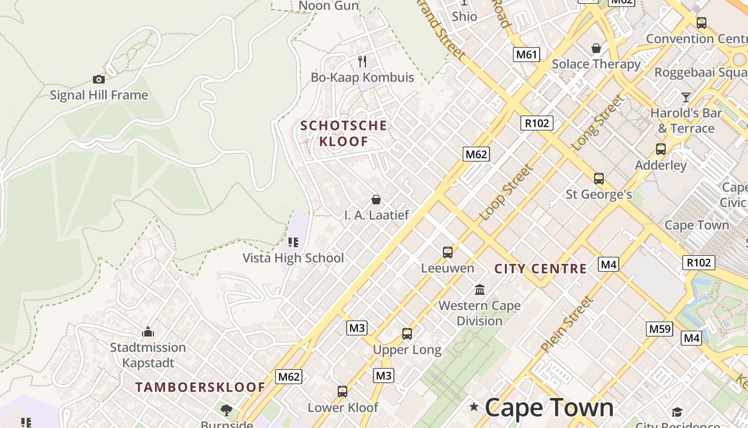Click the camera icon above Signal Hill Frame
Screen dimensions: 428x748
point(99,80)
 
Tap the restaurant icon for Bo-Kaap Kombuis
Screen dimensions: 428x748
point(362,62)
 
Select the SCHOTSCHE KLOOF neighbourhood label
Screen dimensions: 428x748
point(344,134)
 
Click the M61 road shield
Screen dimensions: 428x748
point(527,54)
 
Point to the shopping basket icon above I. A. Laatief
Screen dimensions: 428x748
point(376,200)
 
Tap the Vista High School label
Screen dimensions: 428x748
point(293,258)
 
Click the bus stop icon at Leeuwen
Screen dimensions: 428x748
point(448,252)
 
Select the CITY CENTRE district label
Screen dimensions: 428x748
point(541,269)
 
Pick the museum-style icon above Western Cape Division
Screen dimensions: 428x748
point(480,290)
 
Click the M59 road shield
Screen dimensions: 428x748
point(659,328)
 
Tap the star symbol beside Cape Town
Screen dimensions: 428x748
point(474,407)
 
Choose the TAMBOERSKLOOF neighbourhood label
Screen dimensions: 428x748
point(200,387)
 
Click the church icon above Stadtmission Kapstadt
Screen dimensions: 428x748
point(148,332)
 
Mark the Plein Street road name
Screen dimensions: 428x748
point(567,324)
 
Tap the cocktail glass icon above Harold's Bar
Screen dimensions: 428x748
point(686,97)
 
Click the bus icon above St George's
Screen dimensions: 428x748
point(599,179)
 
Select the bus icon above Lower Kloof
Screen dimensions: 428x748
point(342,392)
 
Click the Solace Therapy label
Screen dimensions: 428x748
point(596,64)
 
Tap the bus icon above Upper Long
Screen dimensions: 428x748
point(407,334)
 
